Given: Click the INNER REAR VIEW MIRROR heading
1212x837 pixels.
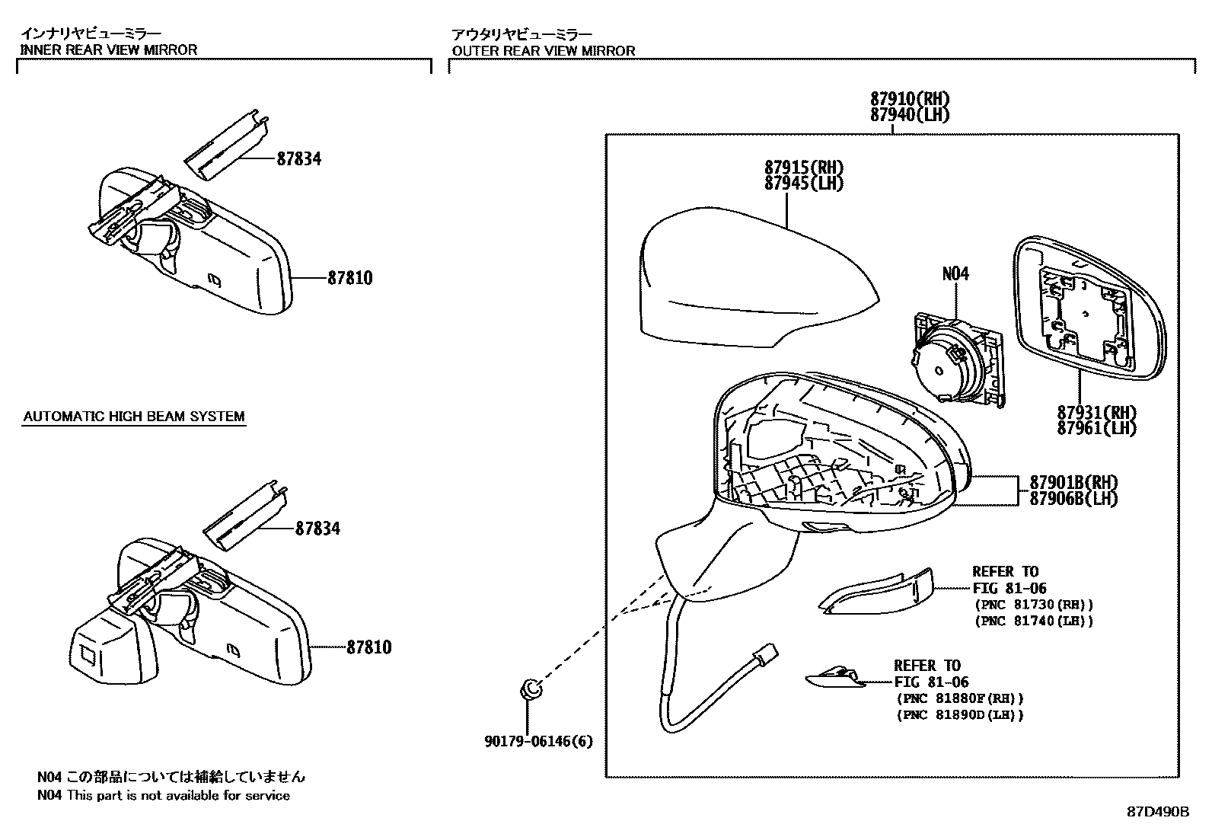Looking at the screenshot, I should point(108,50).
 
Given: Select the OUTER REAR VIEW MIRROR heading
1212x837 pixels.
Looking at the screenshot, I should point(543,51).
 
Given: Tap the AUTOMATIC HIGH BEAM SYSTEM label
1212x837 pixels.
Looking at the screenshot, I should point(134,417).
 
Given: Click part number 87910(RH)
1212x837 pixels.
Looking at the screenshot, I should point(911,99).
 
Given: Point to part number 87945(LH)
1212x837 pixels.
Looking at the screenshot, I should point(805,184).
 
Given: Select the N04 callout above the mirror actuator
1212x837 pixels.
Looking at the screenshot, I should point(955,273).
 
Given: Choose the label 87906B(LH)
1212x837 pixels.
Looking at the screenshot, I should point(1073,499).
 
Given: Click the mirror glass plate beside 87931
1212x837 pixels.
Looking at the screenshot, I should point(1089,308).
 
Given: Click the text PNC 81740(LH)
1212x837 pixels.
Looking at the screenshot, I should point(1034,621).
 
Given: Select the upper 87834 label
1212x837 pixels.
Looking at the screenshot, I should point(298,159).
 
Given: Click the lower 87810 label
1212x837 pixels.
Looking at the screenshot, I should point(369,647).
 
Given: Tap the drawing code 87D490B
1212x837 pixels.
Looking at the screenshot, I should point(1158,811).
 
